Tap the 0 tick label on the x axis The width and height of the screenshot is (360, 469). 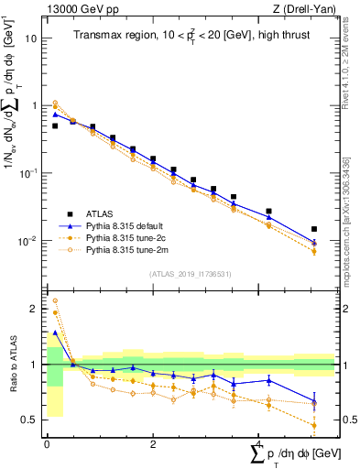[47, 443]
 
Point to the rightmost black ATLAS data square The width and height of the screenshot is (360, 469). [314, 229]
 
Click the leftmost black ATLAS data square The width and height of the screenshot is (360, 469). [55, 125]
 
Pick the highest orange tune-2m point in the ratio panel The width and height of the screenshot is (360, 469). [55, 300]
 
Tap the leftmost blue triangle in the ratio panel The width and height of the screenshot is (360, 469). [55, 333]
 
